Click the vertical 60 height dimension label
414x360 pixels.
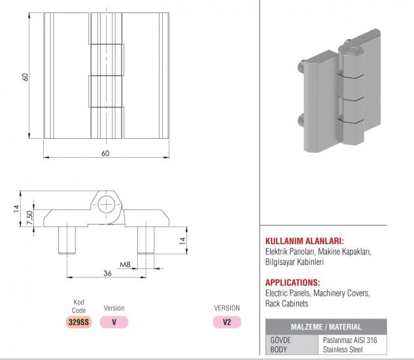pyautogui.click(x=26, y=77)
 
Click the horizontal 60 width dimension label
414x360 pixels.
pyautogui.click(x=105, y=153)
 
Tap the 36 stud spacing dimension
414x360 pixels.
pyautogui.click(x=107, y=274)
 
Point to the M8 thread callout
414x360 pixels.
pyautogui.click(x=125, y=264)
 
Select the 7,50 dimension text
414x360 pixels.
pyautogui.click(x=30, y=218)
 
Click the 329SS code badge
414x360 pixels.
pyautogui.click(x=78, y=322)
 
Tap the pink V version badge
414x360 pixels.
pyautogui.click(x=114, y=322)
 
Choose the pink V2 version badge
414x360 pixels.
pyautogui.click(x=227, y=322)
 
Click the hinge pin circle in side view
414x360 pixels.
pyautogui.click(x=107, y=205)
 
